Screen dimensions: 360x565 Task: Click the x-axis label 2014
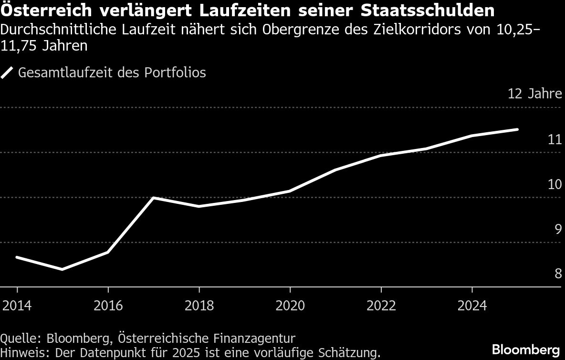coord(17,305)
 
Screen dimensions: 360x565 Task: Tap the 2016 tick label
coord(108,305)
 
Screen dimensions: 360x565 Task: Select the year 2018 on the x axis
coord(199,305)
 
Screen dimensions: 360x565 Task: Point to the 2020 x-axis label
coord(290,305)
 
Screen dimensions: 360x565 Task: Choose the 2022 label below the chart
coord(381,305)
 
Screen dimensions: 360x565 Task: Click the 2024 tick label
coord(471,305)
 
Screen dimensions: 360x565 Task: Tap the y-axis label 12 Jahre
coord(534,94)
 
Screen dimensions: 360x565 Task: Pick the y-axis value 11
coord(555,139)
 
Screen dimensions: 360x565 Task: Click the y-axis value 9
coord(557,229)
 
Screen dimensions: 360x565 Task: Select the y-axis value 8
coord(557,274)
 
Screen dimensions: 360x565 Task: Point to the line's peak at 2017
coord(153,197)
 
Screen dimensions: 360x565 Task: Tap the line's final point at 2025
coord(517,129)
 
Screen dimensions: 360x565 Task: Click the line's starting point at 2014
coord(17,257)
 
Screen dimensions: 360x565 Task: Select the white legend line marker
coord(8,73)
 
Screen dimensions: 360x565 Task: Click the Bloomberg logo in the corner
coord(526,349)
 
